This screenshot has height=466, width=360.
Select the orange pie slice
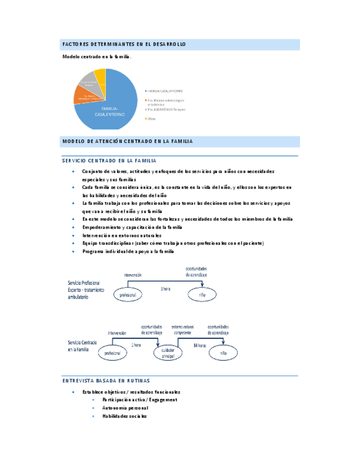[83, 97]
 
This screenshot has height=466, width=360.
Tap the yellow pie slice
[99, 75]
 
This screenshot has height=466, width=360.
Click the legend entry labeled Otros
[152, 118]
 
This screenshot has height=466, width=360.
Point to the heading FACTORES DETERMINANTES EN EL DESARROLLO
[124, 43]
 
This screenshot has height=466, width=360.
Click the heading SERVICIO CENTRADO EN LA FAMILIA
[109, 160]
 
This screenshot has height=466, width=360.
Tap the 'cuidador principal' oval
[169, 353]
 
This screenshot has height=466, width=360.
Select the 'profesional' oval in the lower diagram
[112, 353]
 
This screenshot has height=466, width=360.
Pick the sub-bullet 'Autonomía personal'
[125, 408]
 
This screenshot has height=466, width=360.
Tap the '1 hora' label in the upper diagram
[165, 289]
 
